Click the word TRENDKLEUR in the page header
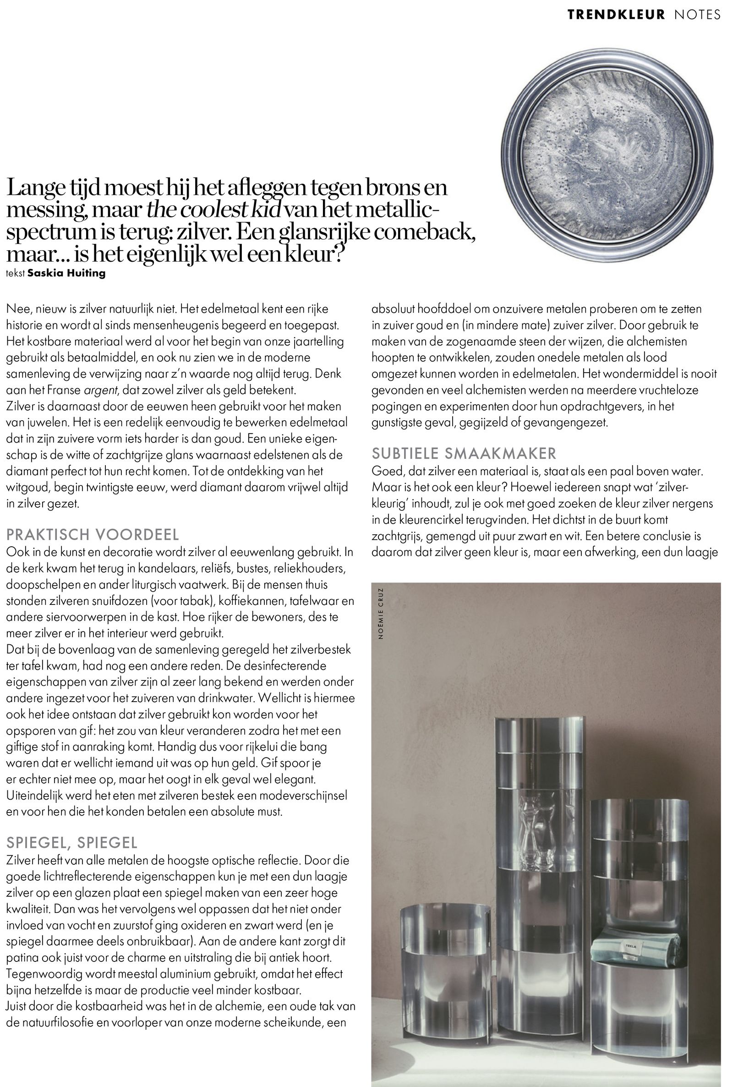[616, 15]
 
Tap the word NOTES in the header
[697, 15]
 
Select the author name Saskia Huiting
[66, 274]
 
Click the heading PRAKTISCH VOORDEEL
[93, 534]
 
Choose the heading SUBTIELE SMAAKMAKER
[464, 453]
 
